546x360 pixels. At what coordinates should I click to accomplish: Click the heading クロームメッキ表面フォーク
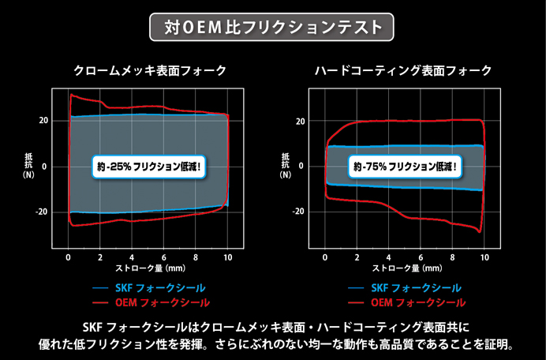149,71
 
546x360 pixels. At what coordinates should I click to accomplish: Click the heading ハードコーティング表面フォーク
403,71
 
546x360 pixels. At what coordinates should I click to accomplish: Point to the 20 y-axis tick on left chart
43,121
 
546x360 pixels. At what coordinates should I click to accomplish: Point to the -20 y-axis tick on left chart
42,212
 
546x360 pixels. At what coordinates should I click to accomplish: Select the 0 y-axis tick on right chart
301,167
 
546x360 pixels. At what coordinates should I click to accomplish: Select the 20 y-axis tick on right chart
299,121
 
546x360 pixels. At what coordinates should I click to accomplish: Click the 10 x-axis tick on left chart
227,257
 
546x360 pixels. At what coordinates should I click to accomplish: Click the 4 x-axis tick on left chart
133,257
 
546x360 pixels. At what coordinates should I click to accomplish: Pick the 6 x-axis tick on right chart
420,257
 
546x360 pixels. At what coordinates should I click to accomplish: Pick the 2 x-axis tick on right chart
357,257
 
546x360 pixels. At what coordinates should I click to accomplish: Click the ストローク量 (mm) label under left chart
150,268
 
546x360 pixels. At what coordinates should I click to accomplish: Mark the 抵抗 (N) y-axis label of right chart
285,167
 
